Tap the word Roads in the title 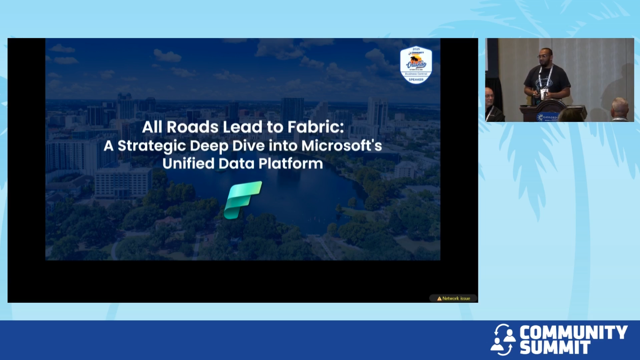pyautogui.click(x=193, y=127)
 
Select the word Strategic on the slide pyautogui.click(x=152, y=146)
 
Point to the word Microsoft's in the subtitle pyautogui.click(x=341, y=146)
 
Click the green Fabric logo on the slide pyautogui.click(x=243, y=200)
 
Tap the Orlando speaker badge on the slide pyautogui.click(x=416, y=65)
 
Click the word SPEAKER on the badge pyautogui.click(x=416, y=79)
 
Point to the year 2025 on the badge pyautogui.click(x=416, y=49)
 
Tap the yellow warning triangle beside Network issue pyautogui.click(x=439, y=299)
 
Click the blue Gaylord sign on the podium pyautogui.click(x=547, y=117)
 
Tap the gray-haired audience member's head pyautogui.click(x=620, y=106)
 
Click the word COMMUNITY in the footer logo pyautogui.click(x=573, y=333)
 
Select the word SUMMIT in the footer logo pyautogui.click(x=555, y=347)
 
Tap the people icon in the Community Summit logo pyautogui.click(x=503, y=340)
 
